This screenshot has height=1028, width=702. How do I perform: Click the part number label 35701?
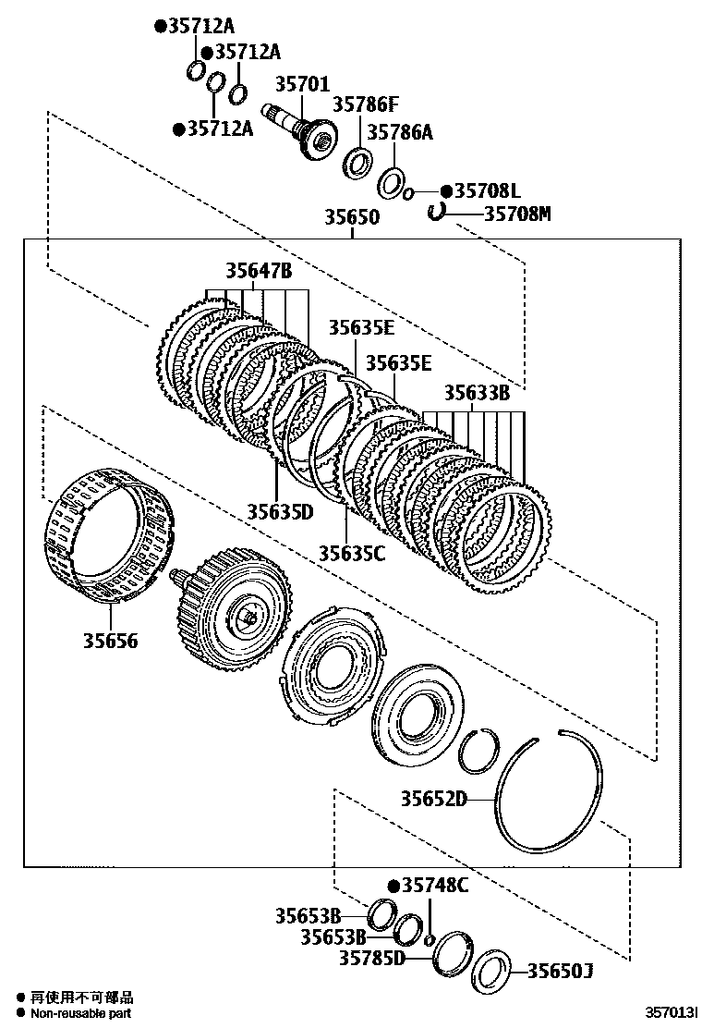(301, 85)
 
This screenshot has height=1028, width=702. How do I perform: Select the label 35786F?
(366, 104)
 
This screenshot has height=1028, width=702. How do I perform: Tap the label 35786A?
(400, 132)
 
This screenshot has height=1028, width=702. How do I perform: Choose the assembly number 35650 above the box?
(351, 218)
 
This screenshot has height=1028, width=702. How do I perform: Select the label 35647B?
(259, 271)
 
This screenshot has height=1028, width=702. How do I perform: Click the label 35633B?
(477, 393)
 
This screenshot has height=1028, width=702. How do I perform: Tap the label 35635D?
(280, 510)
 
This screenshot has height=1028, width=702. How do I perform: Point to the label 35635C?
(352, 553)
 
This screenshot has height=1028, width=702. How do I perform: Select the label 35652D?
(433, 799)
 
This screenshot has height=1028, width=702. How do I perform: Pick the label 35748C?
(435, 886)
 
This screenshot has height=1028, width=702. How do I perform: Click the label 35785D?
(372, 958)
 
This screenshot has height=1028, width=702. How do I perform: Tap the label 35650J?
(560, 971)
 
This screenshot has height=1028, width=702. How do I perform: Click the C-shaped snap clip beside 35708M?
(438, 213)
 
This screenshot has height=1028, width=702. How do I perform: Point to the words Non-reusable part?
(80, 1013)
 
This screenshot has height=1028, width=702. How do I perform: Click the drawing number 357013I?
(671, 1014)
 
